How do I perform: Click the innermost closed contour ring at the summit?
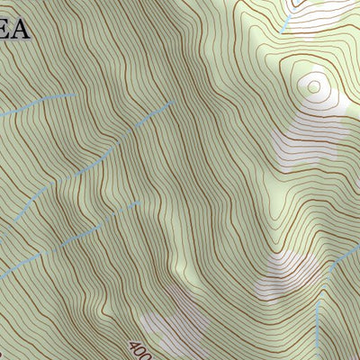(x=314, y=87)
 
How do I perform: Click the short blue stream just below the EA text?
(x=36, y=103)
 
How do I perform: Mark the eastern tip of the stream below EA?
(x=72, y=93)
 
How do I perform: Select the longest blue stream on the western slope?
(x=99, y=148)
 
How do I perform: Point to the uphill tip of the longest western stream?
(x=174, y=102)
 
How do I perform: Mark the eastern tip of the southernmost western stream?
(x=139, y=202)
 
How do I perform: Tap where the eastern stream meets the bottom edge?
(x=318, y=358)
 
